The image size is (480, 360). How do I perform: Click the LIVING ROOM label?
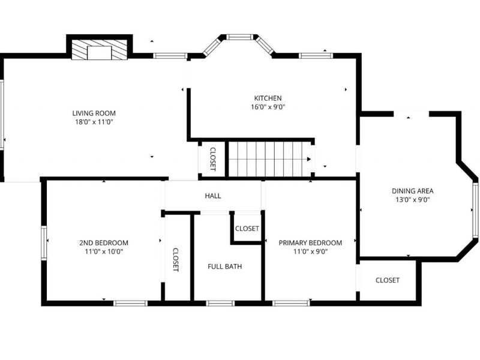(x=94, y=113)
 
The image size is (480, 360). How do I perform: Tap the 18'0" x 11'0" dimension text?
(x=94, y=122)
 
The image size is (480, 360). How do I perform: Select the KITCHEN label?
(x=268, y=98)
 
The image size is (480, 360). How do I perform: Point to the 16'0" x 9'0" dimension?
(x=268, y=107)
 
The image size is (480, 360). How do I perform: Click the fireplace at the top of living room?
(x=100, y=49)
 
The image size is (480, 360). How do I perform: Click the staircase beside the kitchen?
(x=270, y=159)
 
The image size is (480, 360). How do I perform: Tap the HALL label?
(x=213, y=196)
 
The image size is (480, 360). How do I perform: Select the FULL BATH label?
(x=225, y=266)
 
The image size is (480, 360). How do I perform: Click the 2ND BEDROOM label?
(x=104, y=243)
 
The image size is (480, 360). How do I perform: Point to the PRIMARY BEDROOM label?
(x=310, y=243)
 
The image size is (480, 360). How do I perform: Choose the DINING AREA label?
(x=413, y=191)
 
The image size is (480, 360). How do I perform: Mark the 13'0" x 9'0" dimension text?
(x=413, y=200)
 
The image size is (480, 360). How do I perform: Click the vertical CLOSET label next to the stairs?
(x=212, y=160)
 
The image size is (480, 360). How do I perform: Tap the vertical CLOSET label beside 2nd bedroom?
(x=176, y=260)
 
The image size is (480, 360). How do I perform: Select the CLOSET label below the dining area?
(x=387, y=280)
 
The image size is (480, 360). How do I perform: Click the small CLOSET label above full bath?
(x=247, y=229)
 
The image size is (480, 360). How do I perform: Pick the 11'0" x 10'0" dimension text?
(x=104, y=252)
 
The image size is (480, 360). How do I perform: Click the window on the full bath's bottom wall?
(x=220, y=303)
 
